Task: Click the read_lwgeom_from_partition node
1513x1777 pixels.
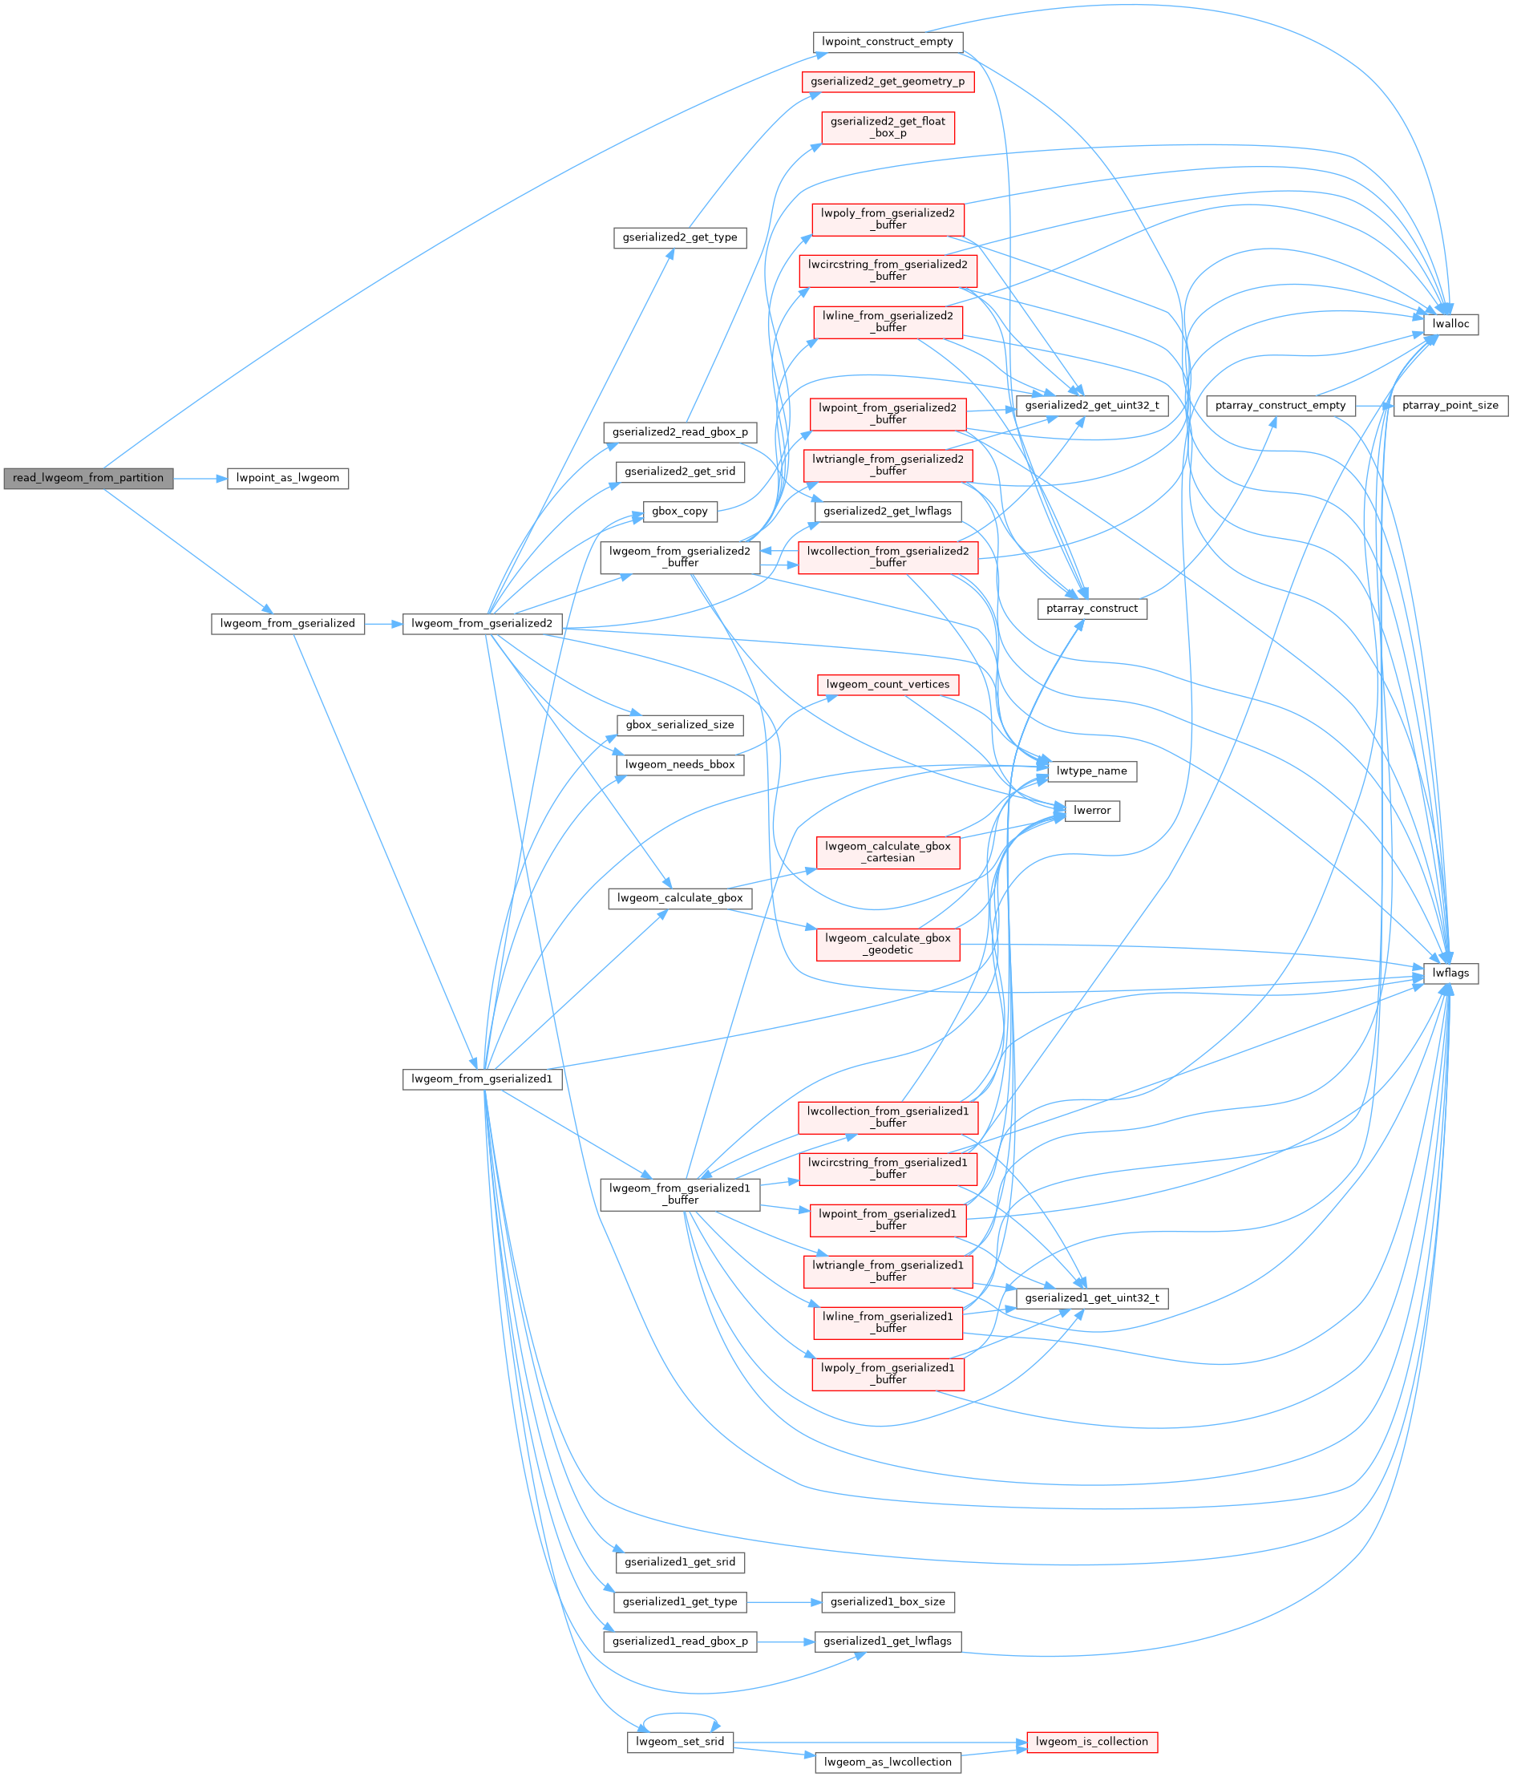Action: pyautogui.click(x=87, y=479)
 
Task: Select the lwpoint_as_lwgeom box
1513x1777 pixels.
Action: pyautogui.click(x=287, y=479)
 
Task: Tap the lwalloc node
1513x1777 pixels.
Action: pyautogui.click(x=1450, y=324)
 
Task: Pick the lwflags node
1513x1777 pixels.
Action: pyautogui.click(x=1450, y=974)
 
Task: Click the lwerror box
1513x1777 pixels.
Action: pyautogui.click(x=1091, y=811)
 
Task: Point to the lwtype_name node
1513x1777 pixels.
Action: pyautogui.click(x=1091, y=771)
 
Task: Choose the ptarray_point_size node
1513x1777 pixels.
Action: pyautogui.click(x=1450, y=406)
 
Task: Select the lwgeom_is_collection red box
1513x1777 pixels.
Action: pyautogui.click(x=1091, y=1742)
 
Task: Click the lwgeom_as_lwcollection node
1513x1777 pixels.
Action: pyautogui.click(x=887, y=1763)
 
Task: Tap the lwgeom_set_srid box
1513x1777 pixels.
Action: pyautogui.click(x=679, y=1742)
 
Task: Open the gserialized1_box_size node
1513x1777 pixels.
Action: pyautogui.click(x=887, y=1602)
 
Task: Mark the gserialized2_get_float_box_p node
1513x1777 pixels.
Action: pyautogui.click(x=887, y=128)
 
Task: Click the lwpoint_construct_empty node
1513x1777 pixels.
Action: pyautogui.click(x=887, y=42)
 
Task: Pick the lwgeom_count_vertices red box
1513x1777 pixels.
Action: pyautogui.click(x=887, y=684)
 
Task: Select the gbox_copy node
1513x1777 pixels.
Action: pyautogui.click(x=679, y=511)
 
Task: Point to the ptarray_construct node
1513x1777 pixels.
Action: pyautogui.click(x=1091, y=609)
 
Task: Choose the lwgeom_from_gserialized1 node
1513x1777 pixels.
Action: pyautogui.click(x=482, y=1079)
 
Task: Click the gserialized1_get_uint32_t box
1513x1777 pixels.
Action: pyautogui.click(x=1091, y=1298)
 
